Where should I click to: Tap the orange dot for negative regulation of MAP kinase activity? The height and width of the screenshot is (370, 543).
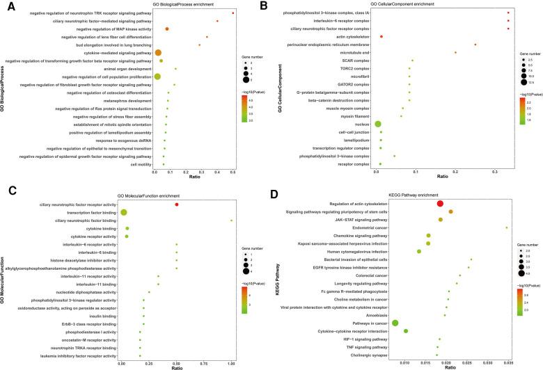click(167, 29)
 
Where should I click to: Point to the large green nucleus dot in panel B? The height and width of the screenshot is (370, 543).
click(378, 124)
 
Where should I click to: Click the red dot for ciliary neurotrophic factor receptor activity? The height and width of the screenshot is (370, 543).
click(177, 204)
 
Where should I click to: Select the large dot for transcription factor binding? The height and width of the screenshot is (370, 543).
click(124, 212)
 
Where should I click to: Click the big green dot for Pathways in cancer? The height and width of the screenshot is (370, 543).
click(395, 323)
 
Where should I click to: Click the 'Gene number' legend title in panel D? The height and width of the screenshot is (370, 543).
click(527, 245)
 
